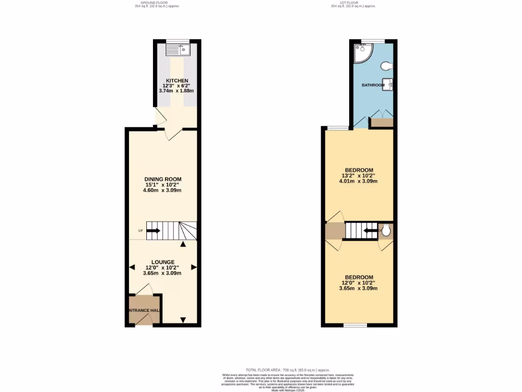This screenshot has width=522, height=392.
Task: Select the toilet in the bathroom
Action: coord(388,65)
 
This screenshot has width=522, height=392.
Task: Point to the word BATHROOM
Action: coord(373,85)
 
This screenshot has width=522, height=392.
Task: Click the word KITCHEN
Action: coord(176,81)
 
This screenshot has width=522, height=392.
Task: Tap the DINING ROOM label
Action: coord(163,179)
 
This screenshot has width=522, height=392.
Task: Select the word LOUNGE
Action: coord(163,262)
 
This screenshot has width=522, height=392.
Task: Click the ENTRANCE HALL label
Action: coord(144,310)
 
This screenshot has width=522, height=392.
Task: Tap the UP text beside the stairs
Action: coord(141,231)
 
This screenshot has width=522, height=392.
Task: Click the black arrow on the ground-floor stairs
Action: coord(154,231)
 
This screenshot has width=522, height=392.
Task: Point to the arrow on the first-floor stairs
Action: coord(370,231)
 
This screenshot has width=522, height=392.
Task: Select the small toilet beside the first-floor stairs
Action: coord(386,231)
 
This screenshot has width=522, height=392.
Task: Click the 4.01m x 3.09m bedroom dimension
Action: coord(359,181)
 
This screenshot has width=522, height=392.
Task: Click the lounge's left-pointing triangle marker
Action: coord(132,267)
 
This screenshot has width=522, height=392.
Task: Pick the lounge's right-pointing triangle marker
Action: coord(194,267)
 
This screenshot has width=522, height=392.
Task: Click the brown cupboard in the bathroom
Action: coord(381,122)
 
